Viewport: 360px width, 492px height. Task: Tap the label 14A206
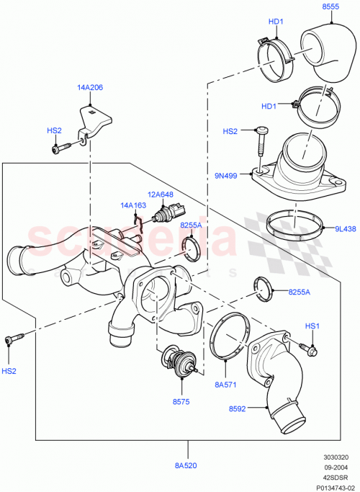tap(91, 87)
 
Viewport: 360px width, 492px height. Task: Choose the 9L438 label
tap(346, 230)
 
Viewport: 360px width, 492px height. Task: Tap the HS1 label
tap(312, 326)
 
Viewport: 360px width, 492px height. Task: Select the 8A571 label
tap(225, 385)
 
